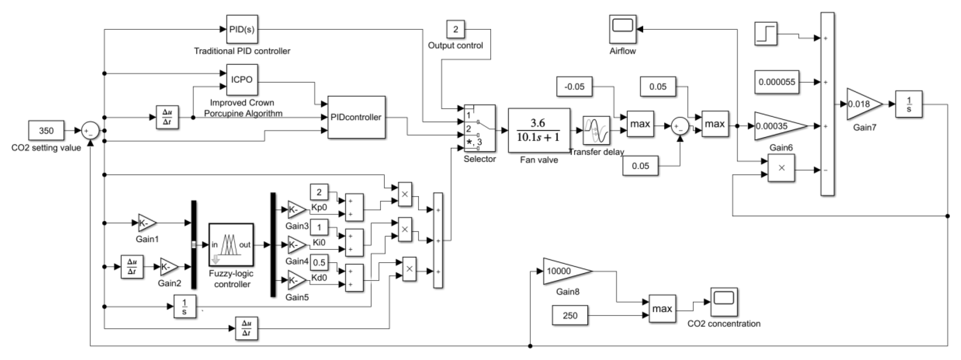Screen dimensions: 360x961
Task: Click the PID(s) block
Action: pyautogui.click(x=242, y=29)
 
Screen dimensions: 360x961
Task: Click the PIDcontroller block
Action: pyautogui.click(x=356, y=117)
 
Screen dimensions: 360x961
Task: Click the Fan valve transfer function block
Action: pyautogui.click(x=539, y=130)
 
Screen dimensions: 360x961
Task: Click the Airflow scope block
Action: pyautogui.click(x=623, y=29)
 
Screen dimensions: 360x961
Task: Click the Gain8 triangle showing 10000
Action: pyautogui.click(x=563, y=271)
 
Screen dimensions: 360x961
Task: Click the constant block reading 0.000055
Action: pyautogui.click(x=777, y=82)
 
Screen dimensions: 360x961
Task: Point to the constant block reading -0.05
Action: pyautogui.click(x=574, y=87)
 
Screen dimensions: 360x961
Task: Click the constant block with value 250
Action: pyautogui.click(x=570, y=316)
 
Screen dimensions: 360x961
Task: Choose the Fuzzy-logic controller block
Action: pyautogui.click(x=231, y=245)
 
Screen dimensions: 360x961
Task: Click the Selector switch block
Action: pyautogui.click(x=479, y=128)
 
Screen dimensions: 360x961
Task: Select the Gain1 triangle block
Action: pyautogui.click(x=147, y=223)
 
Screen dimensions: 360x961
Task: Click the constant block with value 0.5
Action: pyautogui.click(x=319, y=262)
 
